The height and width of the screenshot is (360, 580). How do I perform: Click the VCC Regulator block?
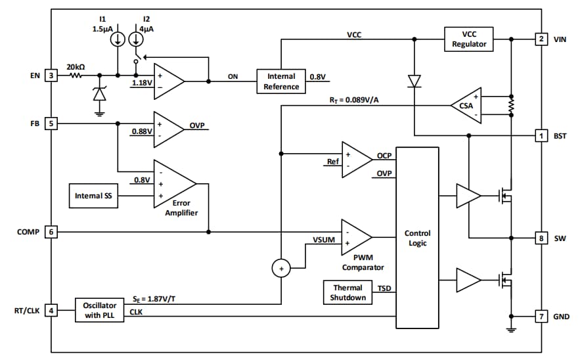coord(469,39)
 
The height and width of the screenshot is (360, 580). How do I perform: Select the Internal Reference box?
coord(281,81)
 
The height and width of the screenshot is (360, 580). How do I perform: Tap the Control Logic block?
coord(417,238)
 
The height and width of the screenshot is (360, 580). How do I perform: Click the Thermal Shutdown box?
coord(347,292)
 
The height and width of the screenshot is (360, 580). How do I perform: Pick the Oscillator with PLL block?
coord(99,309)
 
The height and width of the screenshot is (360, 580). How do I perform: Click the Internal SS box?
coord(93,195)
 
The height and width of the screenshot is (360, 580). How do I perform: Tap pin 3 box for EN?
coord(51,75)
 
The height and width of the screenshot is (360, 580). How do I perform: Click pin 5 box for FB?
coord(51,122)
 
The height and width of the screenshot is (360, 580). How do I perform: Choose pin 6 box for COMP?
coord(51,231)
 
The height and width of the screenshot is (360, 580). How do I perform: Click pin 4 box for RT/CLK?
coord(51,309)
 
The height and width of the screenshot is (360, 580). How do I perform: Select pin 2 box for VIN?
coord(541,39)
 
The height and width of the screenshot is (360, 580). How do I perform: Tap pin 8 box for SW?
coord(541,238)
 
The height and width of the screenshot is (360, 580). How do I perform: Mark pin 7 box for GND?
coord(541,317)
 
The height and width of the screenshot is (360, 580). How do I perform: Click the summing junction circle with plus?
coord(281,268)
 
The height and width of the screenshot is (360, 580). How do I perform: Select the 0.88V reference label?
coord(141,131)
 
